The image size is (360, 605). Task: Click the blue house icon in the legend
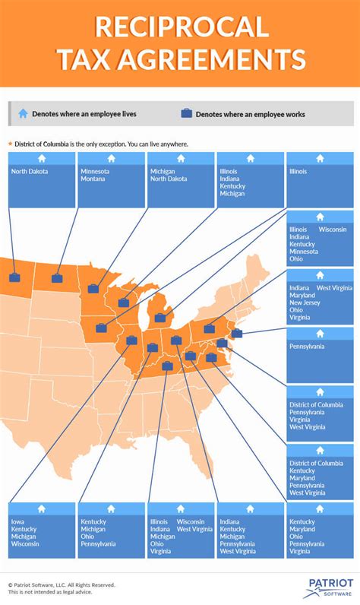(23, 113)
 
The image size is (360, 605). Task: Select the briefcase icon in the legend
(186, 113)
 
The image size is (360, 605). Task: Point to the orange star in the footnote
(10, 144)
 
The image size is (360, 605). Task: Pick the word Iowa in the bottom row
(17, 521)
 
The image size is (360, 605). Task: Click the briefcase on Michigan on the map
(159, 318)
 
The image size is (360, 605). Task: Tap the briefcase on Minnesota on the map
(93, 289)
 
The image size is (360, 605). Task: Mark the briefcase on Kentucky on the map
(168, 366)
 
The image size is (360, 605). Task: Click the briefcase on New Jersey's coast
(236, 333)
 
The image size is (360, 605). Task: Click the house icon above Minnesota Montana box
(111, 158)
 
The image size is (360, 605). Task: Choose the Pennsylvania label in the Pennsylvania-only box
(307, 346)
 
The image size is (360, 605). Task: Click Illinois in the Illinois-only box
(298, 172)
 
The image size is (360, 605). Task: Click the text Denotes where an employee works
(250, 114)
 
